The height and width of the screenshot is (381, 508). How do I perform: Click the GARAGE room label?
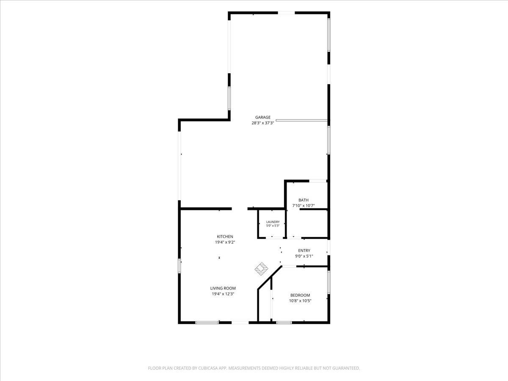[x=263, y=117]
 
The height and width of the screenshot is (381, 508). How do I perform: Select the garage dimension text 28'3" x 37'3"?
[x=263, y=123]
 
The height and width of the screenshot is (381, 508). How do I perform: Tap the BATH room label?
[x=304, y=200]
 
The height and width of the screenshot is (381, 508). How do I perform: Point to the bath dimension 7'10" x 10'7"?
[x=304, y=206]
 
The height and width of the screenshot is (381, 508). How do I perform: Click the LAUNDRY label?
[x=273, y=222]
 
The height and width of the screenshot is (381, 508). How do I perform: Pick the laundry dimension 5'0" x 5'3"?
[x=273, y=226]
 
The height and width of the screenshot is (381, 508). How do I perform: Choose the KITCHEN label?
[x=225, y=237]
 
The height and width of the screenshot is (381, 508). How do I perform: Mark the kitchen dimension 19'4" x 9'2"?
[x=225, y=242]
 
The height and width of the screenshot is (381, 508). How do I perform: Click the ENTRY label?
[x=304, y=251]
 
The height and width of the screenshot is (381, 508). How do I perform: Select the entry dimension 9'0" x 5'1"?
[x=304, y=256]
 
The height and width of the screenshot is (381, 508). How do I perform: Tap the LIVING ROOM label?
[x=223, y=288]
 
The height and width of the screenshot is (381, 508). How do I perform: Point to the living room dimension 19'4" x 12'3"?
[x=223, y=294]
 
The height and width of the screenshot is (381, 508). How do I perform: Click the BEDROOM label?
[x=300, y=295]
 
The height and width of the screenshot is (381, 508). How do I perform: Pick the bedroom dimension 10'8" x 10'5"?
[x=300, y=301]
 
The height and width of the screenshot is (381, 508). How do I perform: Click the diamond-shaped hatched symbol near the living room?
[x=262, y=269]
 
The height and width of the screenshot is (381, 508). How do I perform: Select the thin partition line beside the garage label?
[x=301, y=120]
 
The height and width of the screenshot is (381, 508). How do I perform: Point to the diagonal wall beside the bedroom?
[x=270, y=278]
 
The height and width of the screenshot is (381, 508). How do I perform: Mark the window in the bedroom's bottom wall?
[x=284, y=323]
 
